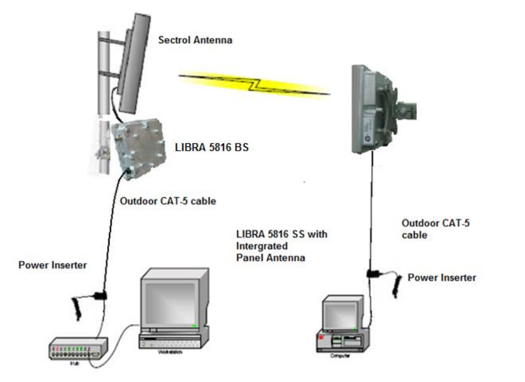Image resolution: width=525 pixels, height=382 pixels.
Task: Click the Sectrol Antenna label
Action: (x=195, y=40)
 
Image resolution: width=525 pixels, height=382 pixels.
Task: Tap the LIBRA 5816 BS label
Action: (x=212, y=147)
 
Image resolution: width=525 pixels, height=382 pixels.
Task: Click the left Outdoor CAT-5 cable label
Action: (x=168, y=201)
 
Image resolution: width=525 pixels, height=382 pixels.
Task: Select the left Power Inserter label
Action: (x=53, y=265)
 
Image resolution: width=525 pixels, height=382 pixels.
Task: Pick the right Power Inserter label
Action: (x=441, y=278)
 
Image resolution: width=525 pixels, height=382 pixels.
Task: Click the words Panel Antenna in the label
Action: (x=270, y=258)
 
